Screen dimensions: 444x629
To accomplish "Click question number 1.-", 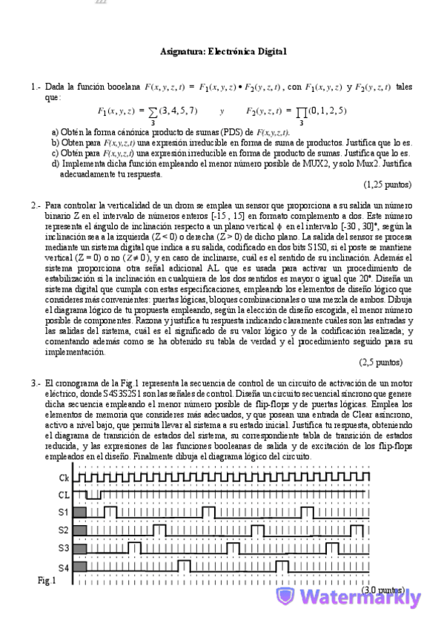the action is point(36,87).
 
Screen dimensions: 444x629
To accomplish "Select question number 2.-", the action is point(36,205).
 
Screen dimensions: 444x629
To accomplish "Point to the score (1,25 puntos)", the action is point(387,184).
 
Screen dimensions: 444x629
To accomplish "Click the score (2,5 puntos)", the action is point(380,363).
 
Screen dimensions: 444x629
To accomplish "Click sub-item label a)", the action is point(56,131).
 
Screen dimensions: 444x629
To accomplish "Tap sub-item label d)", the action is point(56,163).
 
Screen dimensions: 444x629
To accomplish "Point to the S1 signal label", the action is point(64,513).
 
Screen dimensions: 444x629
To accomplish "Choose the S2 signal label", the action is point(64,530).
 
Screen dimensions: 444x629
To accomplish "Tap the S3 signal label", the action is point(64,548).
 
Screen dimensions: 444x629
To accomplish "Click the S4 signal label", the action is point(64,567).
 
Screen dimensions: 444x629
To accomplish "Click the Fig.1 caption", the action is point(46,580).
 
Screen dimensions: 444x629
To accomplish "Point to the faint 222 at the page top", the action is point(101,3).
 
